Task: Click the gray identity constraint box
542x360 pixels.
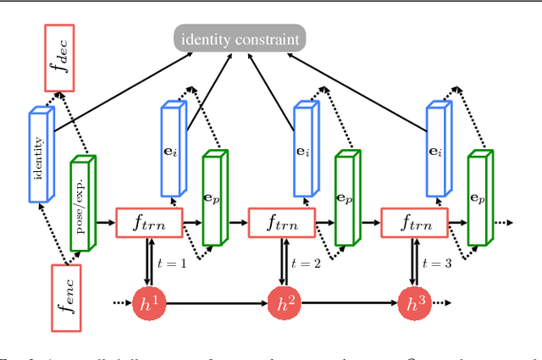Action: (x=240, y=38)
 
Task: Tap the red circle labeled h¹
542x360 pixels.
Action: (x=148, y=302)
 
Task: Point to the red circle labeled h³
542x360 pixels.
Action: (x=413, y=302)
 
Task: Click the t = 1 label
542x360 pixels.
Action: (x=174, y=263)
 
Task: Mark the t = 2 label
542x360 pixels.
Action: (x=307, y=263)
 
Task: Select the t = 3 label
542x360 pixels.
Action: (x=439, y=263)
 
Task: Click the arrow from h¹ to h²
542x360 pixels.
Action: (x=215, y=302)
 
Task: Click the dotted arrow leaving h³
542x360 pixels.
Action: (x=440, y=302)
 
